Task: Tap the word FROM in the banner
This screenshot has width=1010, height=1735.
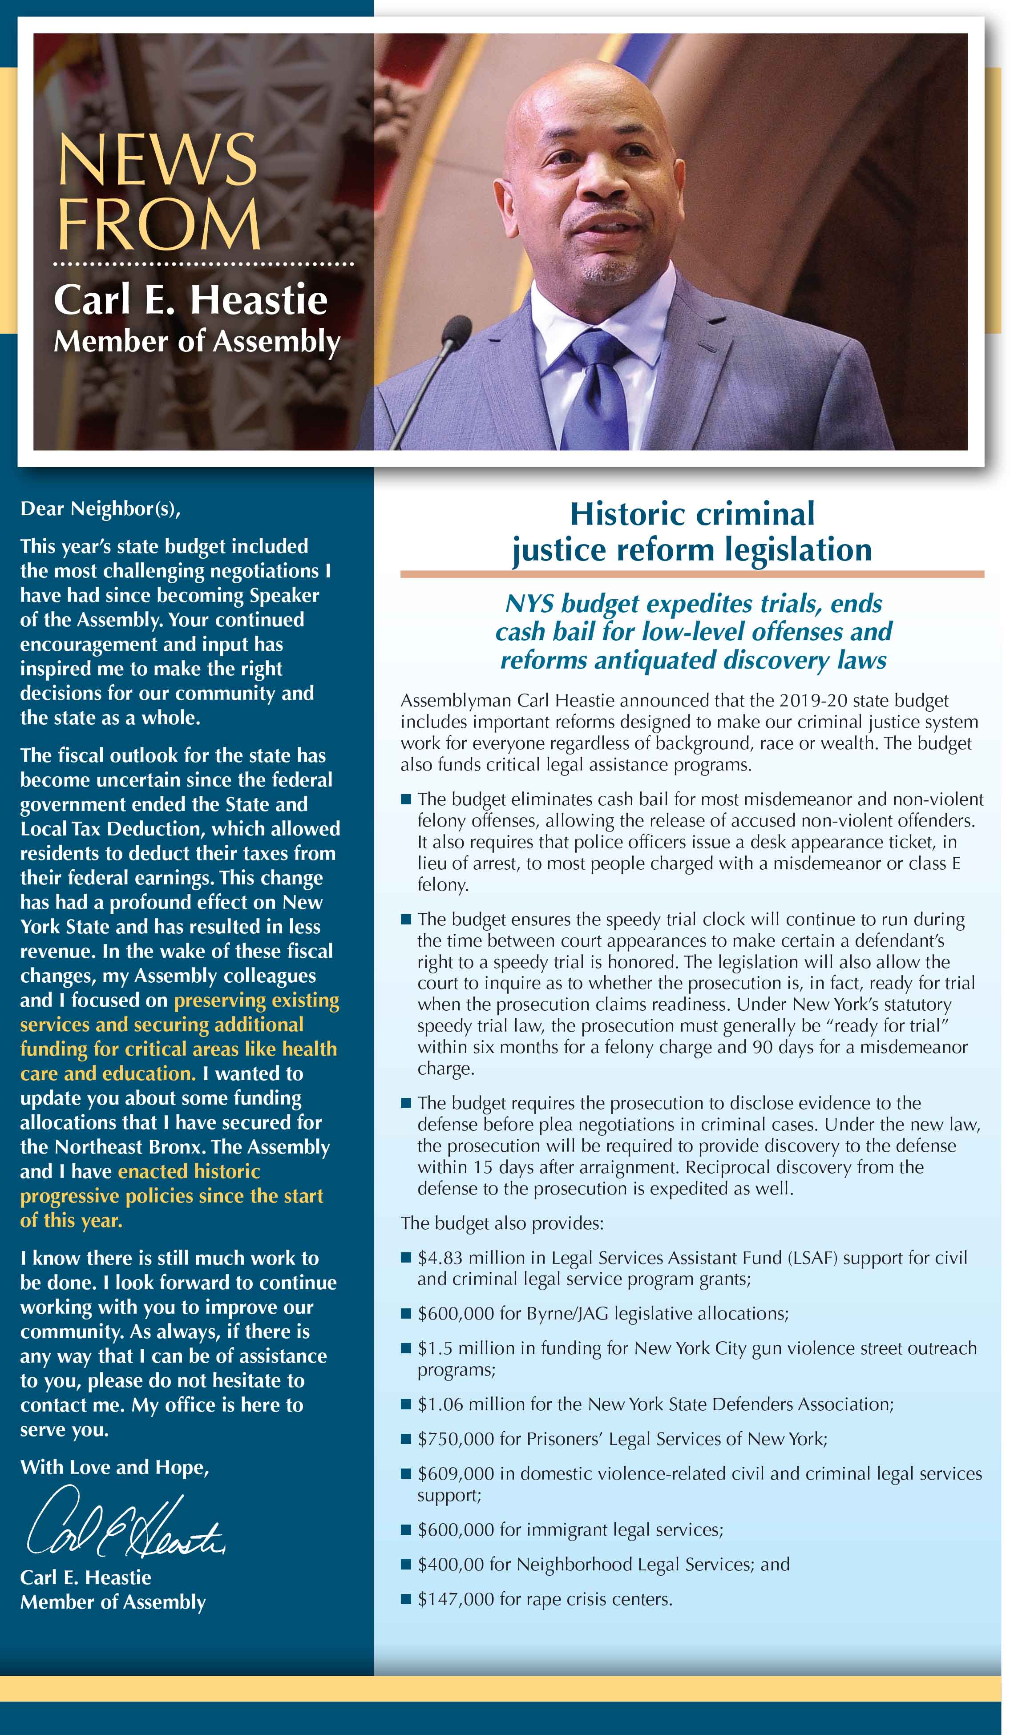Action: click(158, 225)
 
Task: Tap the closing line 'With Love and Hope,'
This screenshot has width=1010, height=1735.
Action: click(114, 1467)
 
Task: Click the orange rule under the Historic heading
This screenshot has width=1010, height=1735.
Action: click(692, 574)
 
